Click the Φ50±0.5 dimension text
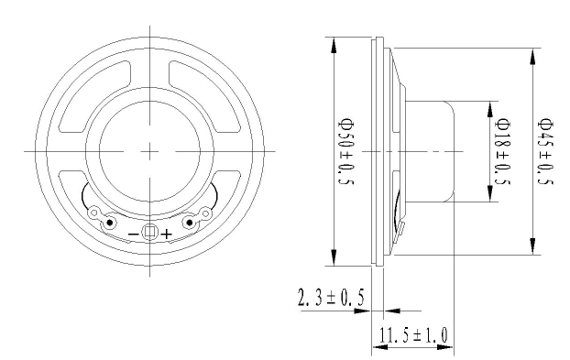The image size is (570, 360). tap(345, 151)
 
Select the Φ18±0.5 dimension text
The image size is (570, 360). tap(503, 151)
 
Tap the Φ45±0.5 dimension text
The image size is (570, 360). tap(545, 151)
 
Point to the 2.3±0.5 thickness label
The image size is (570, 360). tap(331, 297)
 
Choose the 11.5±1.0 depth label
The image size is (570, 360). tap(413, 335)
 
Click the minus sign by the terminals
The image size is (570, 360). tap(134, 234)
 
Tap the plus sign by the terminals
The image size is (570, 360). tap(167, 234)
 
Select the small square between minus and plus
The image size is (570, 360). tap(149, 232)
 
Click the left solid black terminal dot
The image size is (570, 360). tap(109, 223)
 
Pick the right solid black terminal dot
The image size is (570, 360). tap(190, 223)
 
